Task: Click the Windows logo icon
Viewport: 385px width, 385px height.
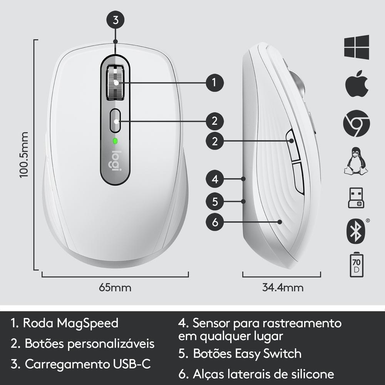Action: (x=357, y=47)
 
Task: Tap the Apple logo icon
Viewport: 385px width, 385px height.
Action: (x=357, y=84)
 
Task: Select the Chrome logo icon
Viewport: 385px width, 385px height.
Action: (x=357, y=124)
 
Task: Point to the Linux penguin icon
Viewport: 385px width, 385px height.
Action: (x=356, y=161)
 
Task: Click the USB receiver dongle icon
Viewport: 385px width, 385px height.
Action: (x=356, y=198)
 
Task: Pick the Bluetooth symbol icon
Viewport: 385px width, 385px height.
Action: (x=356, y=231)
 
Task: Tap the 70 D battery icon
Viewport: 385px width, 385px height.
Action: (x=356, y=265)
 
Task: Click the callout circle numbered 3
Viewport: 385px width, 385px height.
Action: (x=115, y=20)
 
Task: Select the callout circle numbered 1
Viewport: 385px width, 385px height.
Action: (x=215, y=83)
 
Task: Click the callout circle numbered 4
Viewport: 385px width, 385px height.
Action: (x=215, y=179)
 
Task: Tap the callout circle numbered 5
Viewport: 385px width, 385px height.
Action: (x=215, y=202)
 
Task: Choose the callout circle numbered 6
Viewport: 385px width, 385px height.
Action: (x=215, y=222)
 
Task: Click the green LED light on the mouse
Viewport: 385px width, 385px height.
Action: (x=115, y=141)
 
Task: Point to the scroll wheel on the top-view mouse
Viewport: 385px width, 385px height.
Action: (x=115, y=82)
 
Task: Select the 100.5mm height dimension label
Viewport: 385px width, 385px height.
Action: (x=24, y=154)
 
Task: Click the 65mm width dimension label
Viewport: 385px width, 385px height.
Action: (x=115, y=288)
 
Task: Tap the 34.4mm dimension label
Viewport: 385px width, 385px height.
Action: (x=283, y=288)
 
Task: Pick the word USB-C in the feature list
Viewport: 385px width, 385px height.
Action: (x=132, y=364)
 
